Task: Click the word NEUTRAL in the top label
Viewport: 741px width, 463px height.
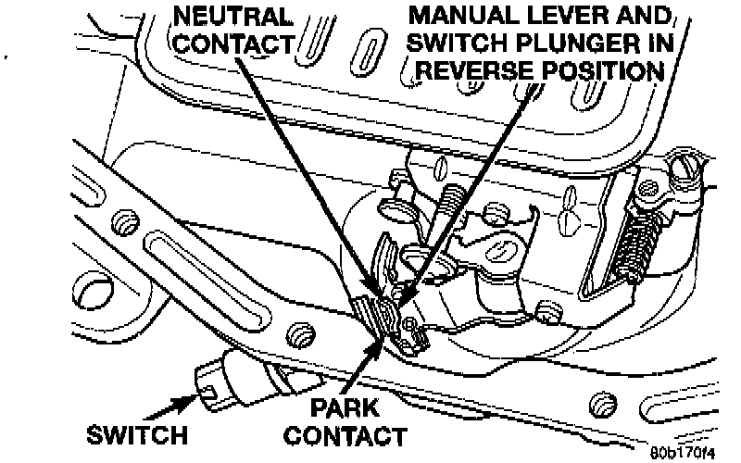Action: [232, 15]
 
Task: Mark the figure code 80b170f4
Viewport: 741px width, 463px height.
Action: [684, 453]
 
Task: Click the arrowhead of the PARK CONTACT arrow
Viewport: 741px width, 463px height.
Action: [382, 345]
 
